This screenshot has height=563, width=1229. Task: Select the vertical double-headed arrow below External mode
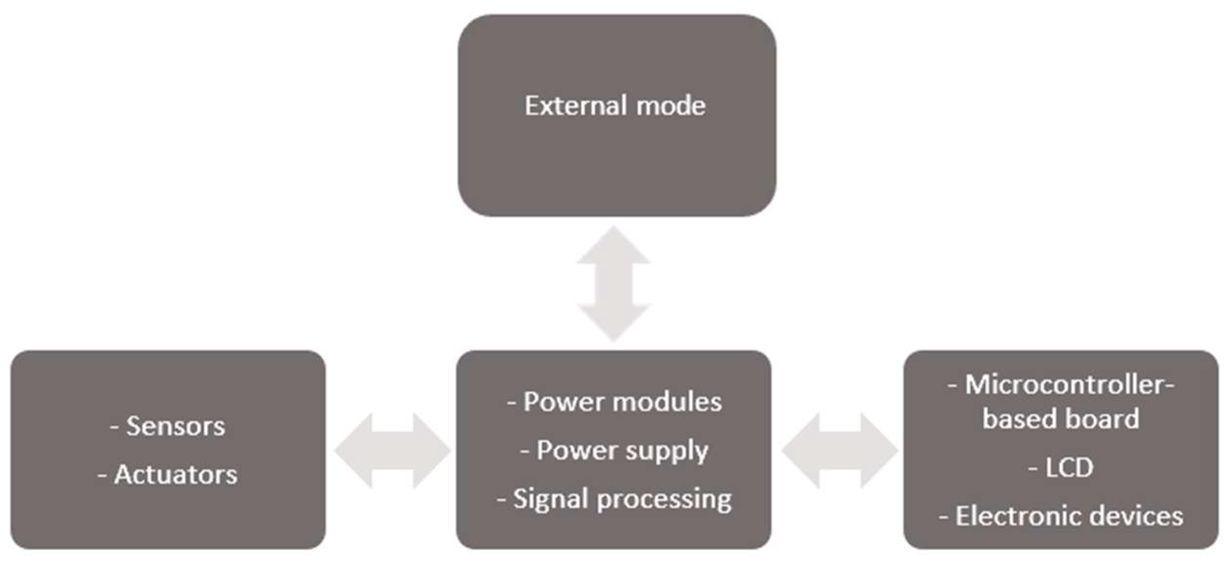tap(614, 283)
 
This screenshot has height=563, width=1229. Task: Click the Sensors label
tap(175, 426)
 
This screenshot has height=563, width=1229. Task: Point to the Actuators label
tap(175, 474)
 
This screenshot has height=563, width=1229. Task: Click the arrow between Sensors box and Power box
tap(392, 450)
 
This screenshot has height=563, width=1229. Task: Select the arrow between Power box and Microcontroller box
tap(839, 450)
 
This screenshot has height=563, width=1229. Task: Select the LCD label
tap(1069, 468)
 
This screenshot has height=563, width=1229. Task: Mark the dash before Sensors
tap(115, 428)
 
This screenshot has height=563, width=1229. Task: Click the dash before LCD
tap(1033, 469)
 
